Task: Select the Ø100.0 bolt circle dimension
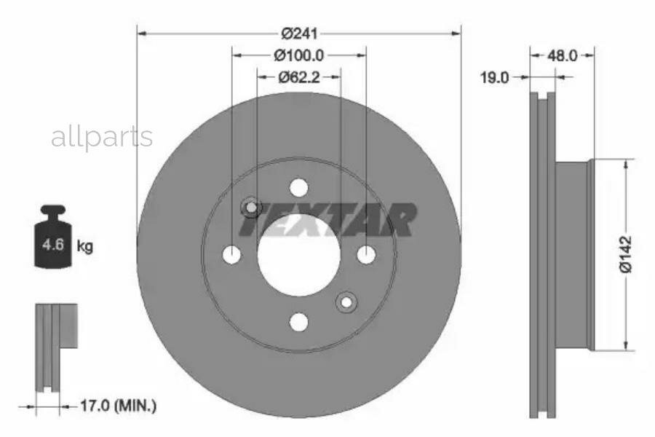point(298,55)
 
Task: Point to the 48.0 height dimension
point(563,55)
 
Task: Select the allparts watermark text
point(102,137)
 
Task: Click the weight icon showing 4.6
point(53,239)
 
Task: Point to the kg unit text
point(85,246)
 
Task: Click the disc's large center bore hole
point(299,255)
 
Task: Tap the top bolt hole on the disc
point(299,187)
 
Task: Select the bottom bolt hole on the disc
point(299,321)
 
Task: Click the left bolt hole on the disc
point(232,255)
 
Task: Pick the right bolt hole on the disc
point(366,255)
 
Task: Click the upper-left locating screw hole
point(251,208)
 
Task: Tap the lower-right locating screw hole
point(346,302)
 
